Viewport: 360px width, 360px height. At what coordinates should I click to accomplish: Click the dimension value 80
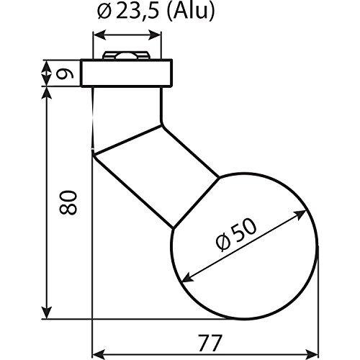pyautogui.click(x=68, y=202)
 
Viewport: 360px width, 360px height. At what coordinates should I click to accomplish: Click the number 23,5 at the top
pyautogui.click(x=138, y=12)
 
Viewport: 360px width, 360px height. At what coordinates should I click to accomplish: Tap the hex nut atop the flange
pyautogui.click(x=125, y=55)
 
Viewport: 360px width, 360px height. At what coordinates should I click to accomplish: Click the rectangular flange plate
pyautogui.click(x=126, y=73)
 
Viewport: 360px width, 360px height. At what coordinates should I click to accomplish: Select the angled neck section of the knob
pyautogui.click(x=156, y=176)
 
